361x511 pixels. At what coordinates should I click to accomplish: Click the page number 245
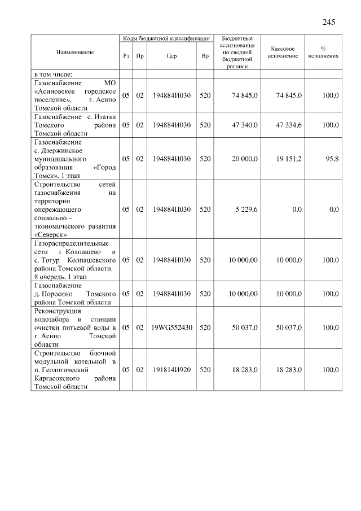(x=329, y=23)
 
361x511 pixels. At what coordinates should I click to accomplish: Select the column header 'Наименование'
(x=74, y=52)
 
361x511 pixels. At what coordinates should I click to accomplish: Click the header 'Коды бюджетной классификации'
(x=166, y=38)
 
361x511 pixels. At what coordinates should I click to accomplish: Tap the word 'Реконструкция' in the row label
(x=58, y=311)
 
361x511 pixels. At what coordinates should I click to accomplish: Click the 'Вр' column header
(x=205, y=56)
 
